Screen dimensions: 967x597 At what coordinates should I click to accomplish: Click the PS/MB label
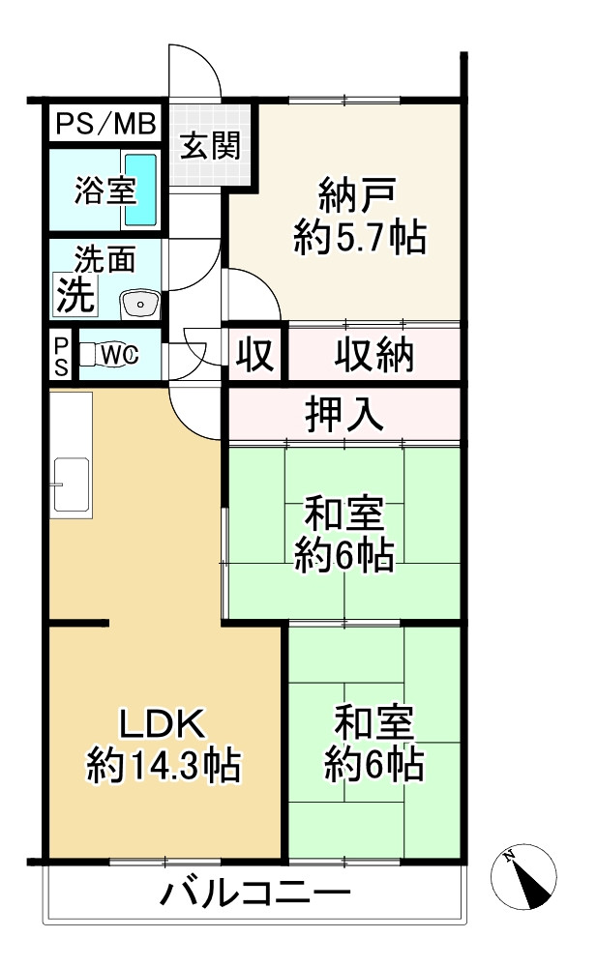105,123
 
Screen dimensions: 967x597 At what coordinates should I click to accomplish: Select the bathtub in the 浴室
141,189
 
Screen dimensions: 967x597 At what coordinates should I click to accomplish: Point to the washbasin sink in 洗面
139,304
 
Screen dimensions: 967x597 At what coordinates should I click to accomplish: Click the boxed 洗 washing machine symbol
75,294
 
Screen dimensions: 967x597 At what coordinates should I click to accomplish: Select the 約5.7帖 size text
359,238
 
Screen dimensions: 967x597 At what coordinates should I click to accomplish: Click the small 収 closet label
255,355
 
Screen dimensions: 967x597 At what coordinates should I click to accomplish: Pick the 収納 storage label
374,355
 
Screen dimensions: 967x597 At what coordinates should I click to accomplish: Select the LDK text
161,723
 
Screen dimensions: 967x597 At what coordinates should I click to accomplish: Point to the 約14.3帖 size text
163,767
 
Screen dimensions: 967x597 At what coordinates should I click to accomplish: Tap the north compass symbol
523,876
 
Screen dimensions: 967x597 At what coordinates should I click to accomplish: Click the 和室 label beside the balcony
373,722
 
